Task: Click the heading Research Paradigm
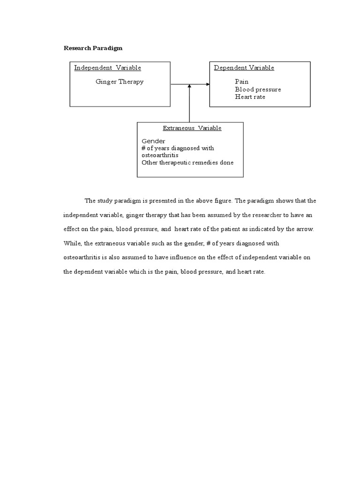pos(93,48)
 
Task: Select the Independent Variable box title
pos(107,68)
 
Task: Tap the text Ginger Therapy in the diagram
pos(120,82)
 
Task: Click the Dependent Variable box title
pos(244,68)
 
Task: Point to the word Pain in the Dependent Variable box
pos(242,82)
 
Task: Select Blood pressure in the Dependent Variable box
pos(258,89)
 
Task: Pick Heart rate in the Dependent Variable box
pos(250,97)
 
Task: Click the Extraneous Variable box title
pos(192,128)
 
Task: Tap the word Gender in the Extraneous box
pos(153,141)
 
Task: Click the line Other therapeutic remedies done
pos(187,163)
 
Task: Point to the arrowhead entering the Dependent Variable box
pos(207,84)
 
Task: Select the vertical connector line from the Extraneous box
pos(189,105)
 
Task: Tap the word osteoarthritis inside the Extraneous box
pos(160,155)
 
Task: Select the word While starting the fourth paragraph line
pos(71,244)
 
